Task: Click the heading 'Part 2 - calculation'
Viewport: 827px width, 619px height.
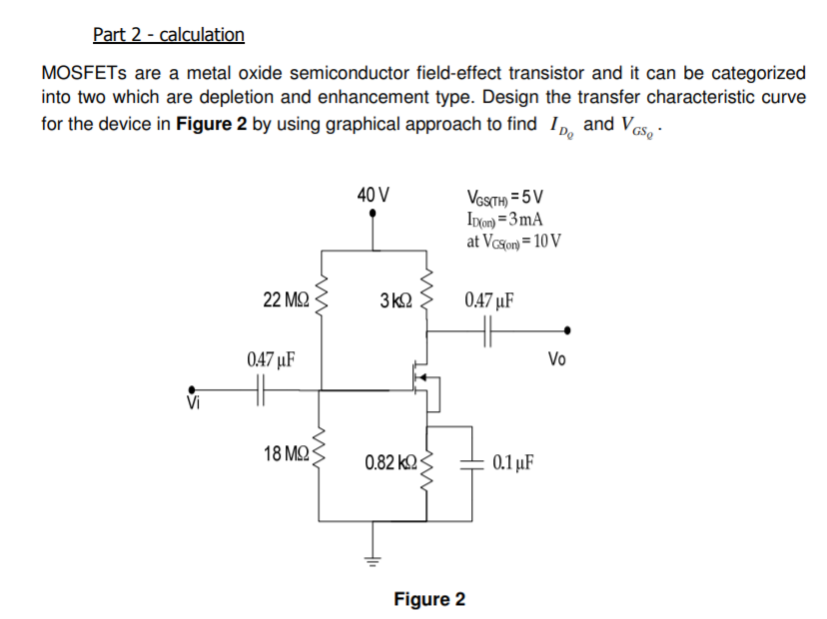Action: pos(168,35)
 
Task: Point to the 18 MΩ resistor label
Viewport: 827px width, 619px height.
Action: pos(285,455)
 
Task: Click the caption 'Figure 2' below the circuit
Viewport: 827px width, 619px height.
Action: pos(428,599)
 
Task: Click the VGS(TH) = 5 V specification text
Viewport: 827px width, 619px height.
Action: pos(504,198)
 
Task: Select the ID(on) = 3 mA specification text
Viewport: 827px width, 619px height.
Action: pos(503,220)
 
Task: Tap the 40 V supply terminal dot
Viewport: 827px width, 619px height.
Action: pos(374,213)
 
